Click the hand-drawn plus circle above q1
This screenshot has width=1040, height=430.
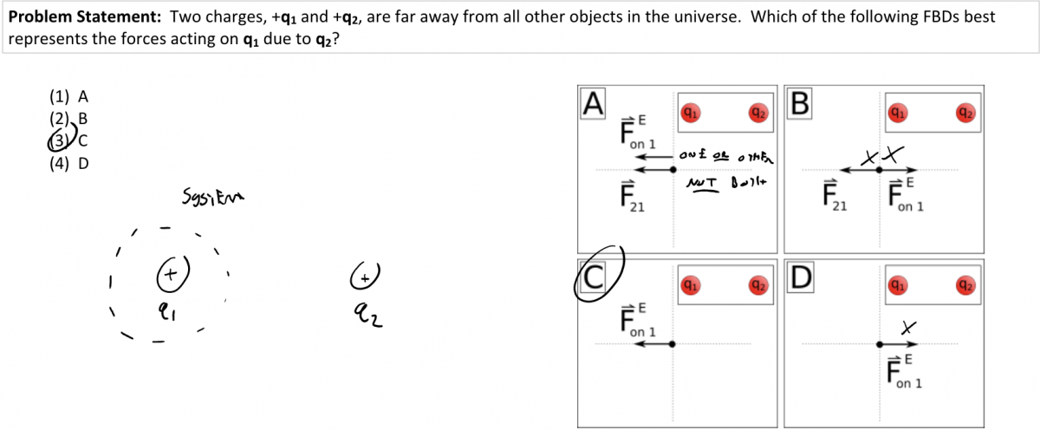pyautogui.click(x=171, y=273)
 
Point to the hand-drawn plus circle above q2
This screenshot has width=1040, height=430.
pyautogui.click(x=367, y=276)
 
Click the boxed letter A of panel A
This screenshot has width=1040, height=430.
pyautogui.click(x=593, y=102)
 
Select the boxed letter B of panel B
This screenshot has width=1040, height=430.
pyautogui.click(x=799, y=102)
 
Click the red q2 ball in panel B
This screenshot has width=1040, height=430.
pyautogui.click(x=965, y=111)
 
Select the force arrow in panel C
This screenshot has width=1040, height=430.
pyautogui.click(x=654, y=344)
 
